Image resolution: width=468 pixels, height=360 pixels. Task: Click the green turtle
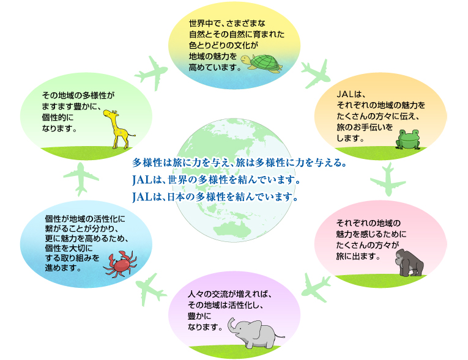click(261, 63)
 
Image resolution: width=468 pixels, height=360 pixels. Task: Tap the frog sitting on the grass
click(407, 139)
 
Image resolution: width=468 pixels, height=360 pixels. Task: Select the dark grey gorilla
click(409, 263)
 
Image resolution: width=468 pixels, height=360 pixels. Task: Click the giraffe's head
click(110, 114)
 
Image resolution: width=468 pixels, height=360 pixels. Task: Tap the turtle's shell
click(266, 62)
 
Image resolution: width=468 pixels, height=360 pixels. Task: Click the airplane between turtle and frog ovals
click(316, 73)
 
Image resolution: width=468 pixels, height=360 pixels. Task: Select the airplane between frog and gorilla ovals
click(388, 180)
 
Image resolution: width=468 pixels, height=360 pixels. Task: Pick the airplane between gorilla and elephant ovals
click(316, 288)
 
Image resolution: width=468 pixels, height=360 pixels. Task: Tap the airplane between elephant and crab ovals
click(150, 289)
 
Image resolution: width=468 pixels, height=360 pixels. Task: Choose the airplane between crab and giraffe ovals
click(81, 179)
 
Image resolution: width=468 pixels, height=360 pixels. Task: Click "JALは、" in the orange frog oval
click(351, 95)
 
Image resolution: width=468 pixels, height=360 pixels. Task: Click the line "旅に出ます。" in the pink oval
click(358, 256)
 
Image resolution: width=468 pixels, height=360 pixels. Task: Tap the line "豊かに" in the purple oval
click(199, 316)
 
